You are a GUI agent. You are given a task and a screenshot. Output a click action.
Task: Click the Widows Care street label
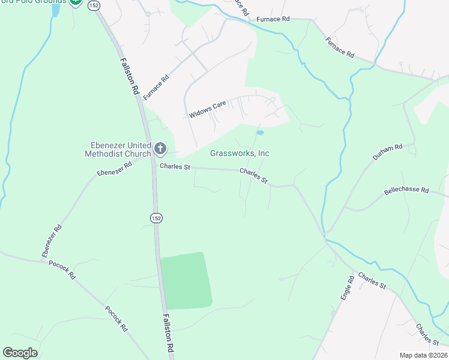point(207,109)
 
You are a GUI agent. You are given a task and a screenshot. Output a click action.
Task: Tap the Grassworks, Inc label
point(240,153)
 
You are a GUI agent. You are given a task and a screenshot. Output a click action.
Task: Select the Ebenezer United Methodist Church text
point(118,149)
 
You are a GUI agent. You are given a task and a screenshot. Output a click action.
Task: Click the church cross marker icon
point(160,148)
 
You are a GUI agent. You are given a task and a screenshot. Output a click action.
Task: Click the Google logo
point(20,353)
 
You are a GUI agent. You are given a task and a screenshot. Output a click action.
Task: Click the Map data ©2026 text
point(423,355)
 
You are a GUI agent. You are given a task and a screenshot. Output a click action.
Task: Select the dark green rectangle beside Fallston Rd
point(186,280)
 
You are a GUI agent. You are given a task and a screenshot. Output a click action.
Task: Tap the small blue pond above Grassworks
point(259,133)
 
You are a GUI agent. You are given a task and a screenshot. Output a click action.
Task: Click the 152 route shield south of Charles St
point(155,217)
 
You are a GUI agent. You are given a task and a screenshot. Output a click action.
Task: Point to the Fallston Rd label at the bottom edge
point(169,333)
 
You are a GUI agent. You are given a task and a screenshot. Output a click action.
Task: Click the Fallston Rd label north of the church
point(129,75)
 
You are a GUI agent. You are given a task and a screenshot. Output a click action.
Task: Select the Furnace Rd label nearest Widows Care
point(157,87)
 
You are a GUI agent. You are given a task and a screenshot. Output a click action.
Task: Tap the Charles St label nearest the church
point(174,167)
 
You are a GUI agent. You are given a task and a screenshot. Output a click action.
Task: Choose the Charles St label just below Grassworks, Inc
point(253,175)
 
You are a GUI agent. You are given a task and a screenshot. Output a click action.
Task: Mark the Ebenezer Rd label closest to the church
point(113,169)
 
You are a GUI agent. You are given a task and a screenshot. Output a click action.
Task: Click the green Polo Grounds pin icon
point(76,2)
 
